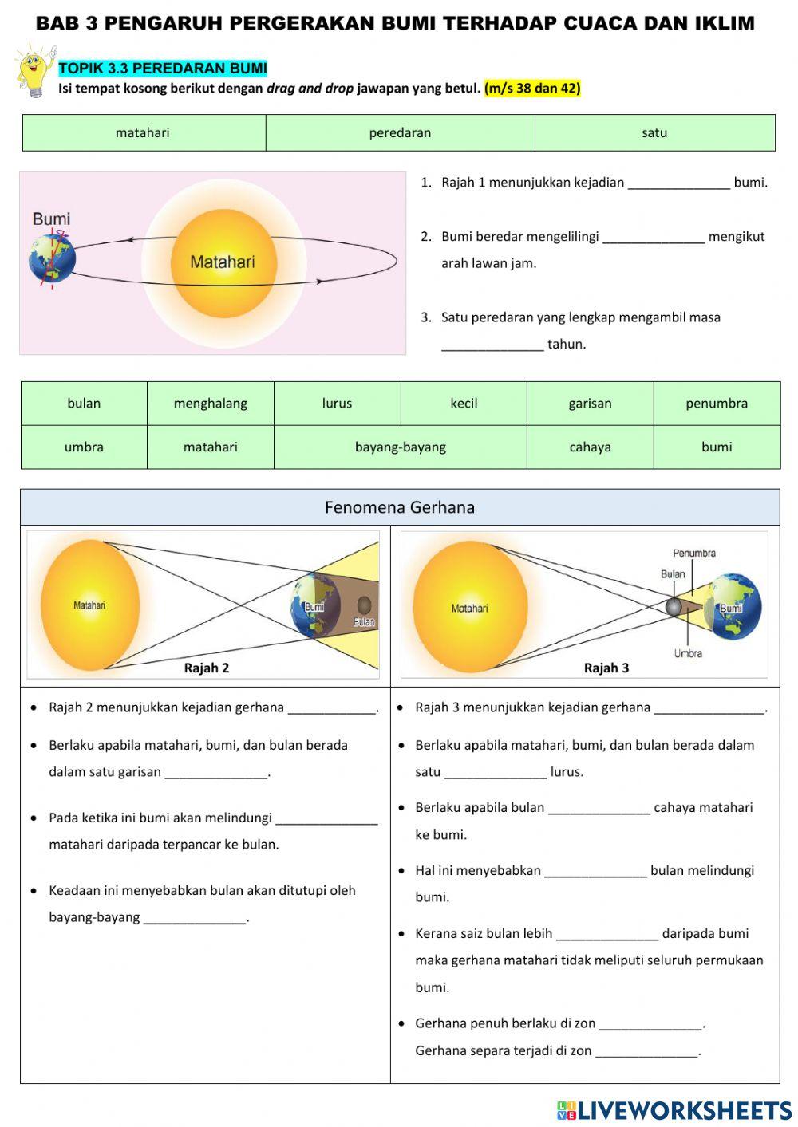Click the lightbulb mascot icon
(34, 70)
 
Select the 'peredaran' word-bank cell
(400, 133)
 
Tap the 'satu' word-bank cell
(654, 133)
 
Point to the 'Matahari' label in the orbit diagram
(223, 262)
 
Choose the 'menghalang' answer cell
(211, 404)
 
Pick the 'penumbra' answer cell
(717, 404)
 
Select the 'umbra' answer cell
(84, 447)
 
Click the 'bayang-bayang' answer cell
(400, 447)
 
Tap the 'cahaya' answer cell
(590, 447)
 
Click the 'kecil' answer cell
(464, 404)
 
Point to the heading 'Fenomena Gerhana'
(400, 507)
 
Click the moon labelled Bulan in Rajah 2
(364, 605)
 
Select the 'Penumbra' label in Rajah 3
(693, 553)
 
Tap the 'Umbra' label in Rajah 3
(688, 653)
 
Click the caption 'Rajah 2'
(207, 668)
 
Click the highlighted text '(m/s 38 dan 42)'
(532, 89)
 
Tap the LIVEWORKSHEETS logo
(674, 1110)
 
